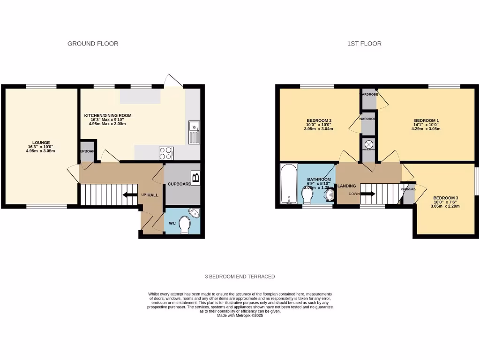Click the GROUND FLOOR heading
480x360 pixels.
pyautogui.click(x=93, y=44)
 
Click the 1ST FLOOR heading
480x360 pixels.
pyautogui.click(x=364, y=44)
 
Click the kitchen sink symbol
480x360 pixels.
pyautogui.click(x=193, y=132)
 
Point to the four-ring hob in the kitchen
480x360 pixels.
pyautogui.click(x=166, y=153)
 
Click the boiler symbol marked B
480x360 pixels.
pyautogui.click(x=195, y=178)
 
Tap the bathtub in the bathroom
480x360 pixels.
pyautogui.click(x=288, y=184)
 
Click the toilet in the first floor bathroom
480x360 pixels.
pyautogui.click(x=308, y=195)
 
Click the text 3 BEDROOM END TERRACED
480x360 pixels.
pyautogui.click(x=240, y=277)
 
